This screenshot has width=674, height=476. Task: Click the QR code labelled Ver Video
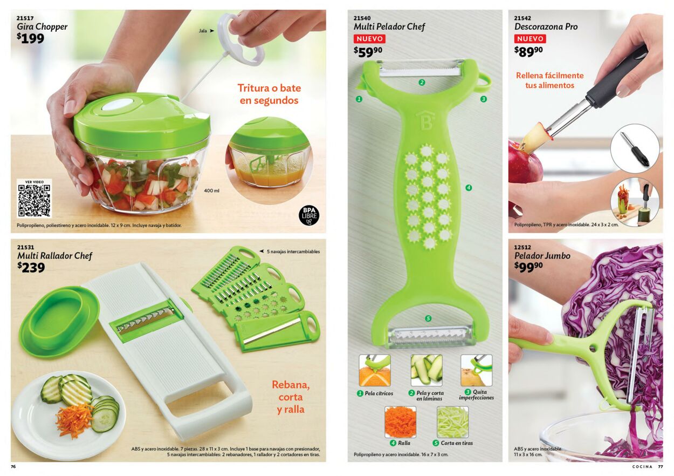pyautogui.click(x=34, y=201)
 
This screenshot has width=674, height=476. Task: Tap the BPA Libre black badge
pyautogui.click(x=309, y=215)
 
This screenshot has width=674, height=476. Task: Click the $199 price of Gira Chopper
pyautogui.click(x=30, y=38)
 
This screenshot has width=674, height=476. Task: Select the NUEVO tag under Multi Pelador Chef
pyautogui.click(x=369, y=39)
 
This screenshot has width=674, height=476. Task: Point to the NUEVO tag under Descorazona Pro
pyautogui.click(x=530, y=39)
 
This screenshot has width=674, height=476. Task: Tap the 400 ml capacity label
pyautogui.click(x=211, y=191)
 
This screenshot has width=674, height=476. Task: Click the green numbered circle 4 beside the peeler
pyautogui.click(x=469, y=188)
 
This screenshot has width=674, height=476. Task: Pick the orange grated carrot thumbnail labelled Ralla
pyautogui.click(x=401, y=422)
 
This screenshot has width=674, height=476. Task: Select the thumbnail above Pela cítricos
pyautogui.click(x=375, y=370)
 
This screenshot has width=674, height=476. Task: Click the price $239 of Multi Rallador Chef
pyautogui.click(x=31, y=267)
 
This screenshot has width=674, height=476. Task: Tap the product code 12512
pyautogui.click(x=522, y=247)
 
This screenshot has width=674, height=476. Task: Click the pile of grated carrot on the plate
pyautogui.click(x=74, y=419)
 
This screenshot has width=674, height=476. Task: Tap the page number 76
pyautogui.click(x=13, y=467)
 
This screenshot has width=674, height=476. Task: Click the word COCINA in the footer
pyautogui.click(x=642, y=467)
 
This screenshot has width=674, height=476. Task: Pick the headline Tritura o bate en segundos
pyautogui.click(x=269, y=94)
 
